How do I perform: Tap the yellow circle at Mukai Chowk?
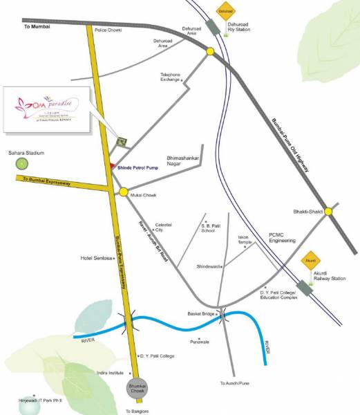point(123,192)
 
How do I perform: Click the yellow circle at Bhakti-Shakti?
point(330,209)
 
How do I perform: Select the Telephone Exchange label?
point(170,77)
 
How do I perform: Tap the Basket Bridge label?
point(202,313)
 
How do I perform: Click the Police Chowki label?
point(108,31)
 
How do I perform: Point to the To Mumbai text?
point(37,26)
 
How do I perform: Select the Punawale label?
point(200,341)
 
